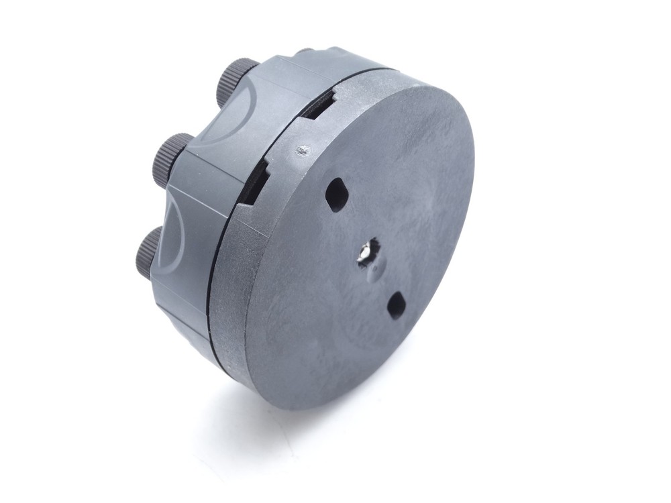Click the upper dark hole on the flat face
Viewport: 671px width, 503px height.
(x=335, y=194)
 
